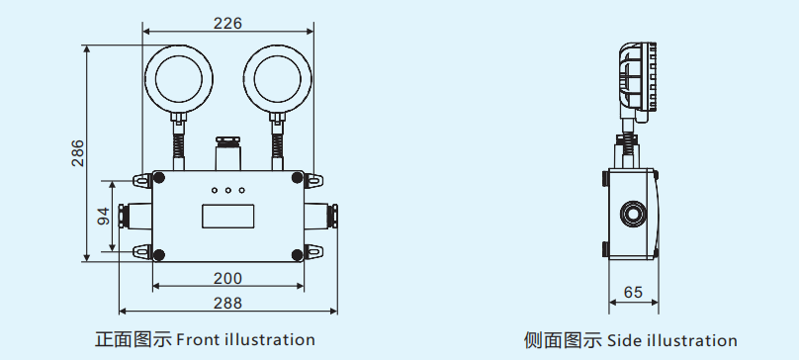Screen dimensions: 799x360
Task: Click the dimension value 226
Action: [x=228, y=22]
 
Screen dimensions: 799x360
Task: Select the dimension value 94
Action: [x=104, y=217]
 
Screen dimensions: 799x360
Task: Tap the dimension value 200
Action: [x=228, y=278]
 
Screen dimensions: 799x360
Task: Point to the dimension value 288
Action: [x=228, y=303]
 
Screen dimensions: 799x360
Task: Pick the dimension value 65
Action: [x=633, y=292]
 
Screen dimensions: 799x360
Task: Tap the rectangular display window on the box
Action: [x=228, y=215]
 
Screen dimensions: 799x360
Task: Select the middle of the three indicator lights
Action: [x=228, y=189]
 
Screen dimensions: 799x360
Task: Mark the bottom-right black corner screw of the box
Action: [x=298, y=256]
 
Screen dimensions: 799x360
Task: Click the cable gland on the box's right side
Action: [x=326, y=215]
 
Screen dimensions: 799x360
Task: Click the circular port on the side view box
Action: [x=630, y=213]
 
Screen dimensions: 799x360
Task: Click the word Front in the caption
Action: [x=198, y=340]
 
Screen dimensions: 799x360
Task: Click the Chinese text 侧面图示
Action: [x=562, y=341]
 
